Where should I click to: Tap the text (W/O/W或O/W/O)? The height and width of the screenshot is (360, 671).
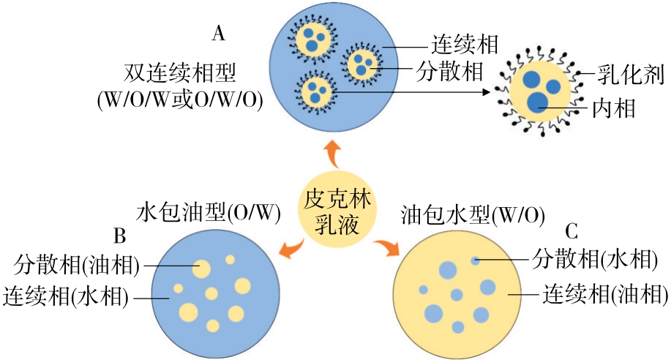[181, 101]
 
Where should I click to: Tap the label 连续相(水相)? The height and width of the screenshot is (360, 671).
[67, 297]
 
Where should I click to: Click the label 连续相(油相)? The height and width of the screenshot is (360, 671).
[604, 294]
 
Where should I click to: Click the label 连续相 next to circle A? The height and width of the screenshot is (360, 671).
[464, 45]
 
